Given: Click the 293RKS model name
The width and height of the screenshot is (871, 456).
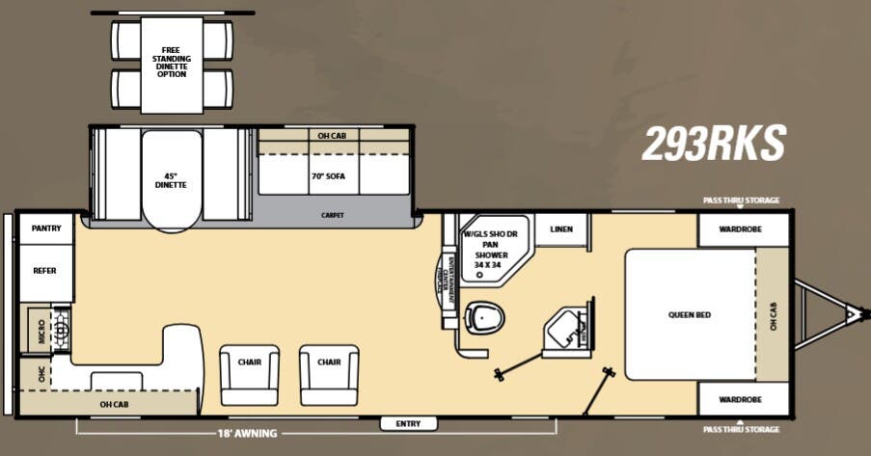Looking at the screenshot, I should tap(714, 144).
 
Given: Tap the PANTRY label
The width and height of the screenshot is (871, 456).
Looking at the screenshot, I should tap(45, 228).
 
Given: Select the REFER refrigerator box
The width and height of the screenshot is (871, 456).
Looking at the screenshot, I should tap(45, 271).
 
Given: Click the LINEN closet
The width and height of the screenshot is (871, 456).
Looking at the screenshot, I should tap(561, 229).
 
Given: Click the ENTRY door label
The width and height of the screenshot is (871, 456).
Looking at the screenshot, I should tap(409, 423).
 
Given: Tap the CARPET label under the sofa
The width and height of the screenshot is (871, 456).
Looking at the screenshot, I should tap(332, 215).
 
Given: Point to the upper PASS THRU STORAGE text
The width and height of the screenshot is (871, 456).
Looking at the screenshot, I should tap(741, 201).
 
